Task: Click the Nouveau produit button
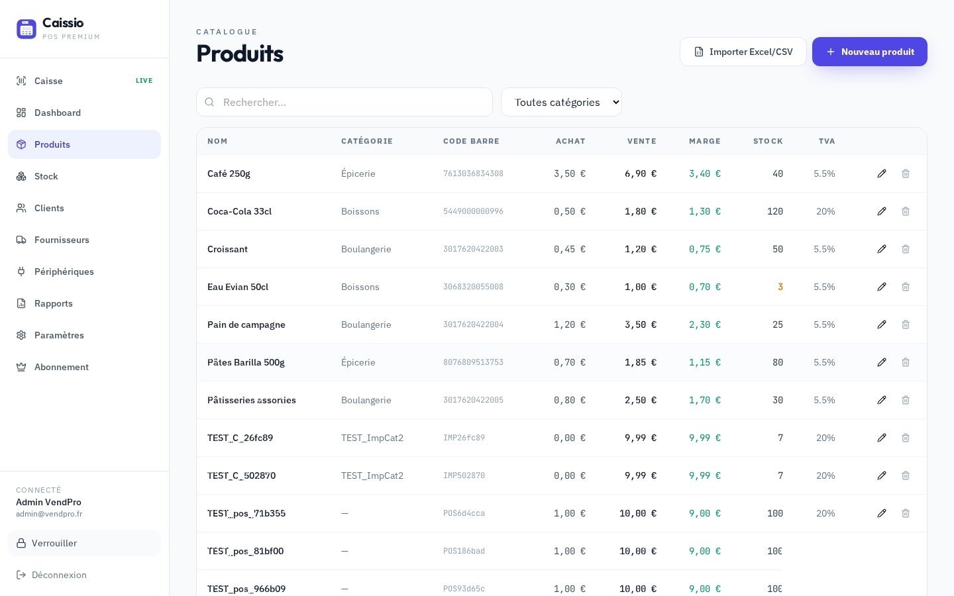[x=869, y=52]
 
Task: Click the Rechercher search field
[x=344, y=102]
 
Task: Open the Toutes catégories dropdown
[x=561, y=102]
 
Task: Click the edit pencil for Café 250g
[x=882, y=174]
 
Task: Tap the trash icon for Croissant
[x=906, y=249]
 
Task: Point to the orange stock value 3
[x=780, y=287]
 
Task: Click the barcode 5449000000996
[x=473, y=211]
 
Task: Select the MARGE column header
[x=705, y=141]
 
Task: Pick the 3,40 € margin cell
[x=705, y=174]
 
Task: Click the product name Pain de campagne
[x=246, y=324]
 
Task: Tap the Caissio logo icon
[x=26, y=29]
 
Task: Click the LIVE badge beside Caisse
[x=144, y=81]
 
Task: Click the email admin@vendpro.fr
[x=49, y=514]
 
